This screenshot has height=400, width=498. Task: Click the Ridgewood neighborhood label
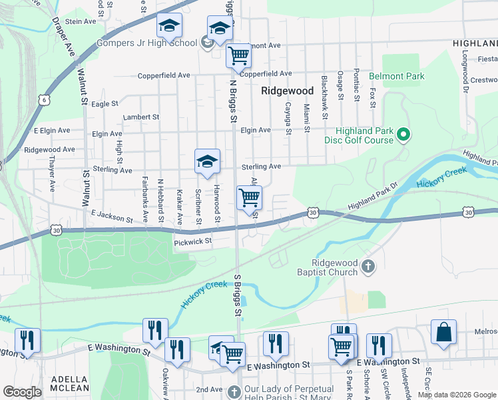point(287,90)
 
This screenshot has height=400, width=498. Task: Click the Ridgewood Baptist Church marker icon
point(368,267)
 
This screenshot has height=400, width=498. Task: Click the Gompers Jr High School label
point(148,43)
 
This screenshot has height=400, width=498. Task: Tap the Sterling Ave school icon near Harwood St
point(207,161)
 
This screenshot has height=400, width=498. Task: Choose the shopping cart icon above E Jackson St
point(249,197)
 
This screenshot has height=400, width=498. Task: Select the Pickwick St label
point(192,241)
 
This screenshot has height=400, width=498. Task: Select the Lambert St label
point(141,117)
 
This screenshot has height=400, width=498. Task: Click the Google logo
point(23,392)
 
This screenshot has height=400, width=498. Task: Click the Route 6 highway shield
point(44,100)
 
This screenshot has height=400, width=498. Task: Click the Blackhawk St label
point(325,97)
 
